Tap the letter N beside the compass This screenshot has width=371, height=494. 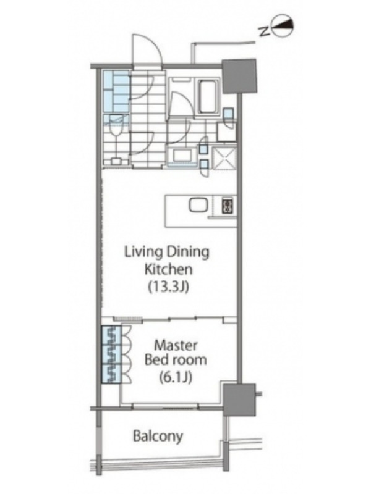tap(264, 31)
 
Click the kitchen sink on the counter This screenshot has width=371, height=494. tap(198, 205)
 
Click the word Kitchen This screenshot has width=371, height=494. tap(168, 269)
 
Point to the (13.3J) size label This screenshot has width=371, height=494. tap(168, 287)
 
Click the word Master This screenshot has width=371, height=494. tap(176, 346)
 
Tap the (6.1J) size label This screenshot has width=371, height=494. tap(176, 377)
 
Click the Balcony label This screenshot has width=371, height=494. tap(158, 437)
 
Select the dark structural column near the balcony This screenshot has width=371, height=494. tap(239, 400)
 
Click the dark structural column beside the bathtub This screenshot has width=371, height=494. tap(239, 76)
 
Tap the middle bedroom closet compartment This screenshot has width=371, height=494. tap(111, 354)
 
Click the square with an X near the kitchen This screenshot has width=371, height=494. tap(224, 158)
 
